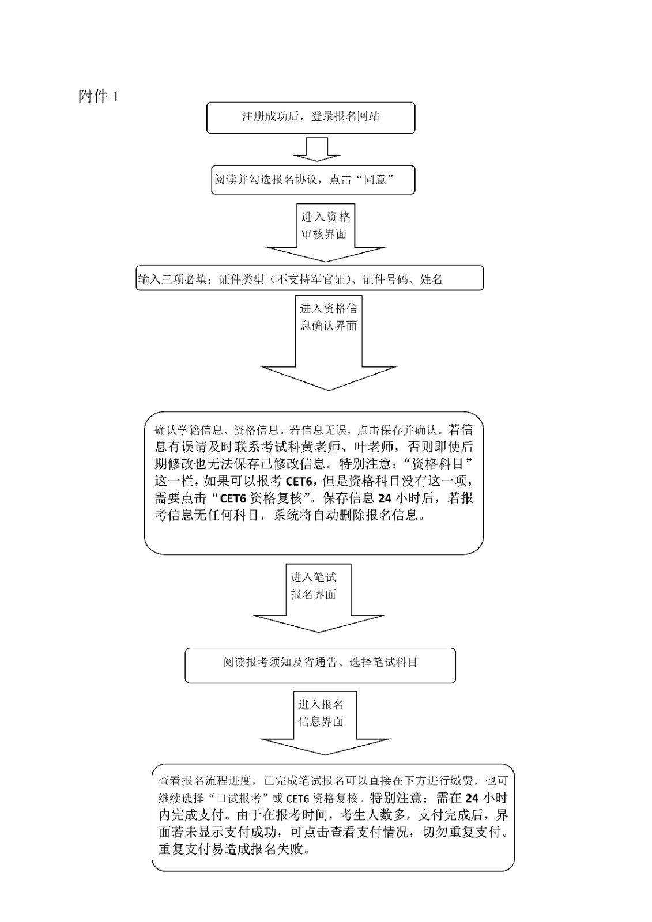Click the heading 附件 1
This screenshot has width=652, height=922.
tap(99, 97)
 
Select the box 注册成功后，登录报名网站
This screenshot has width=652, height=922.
tap(311, 117)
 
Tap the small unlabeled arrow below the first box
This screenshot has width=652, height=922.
tap(316, 149)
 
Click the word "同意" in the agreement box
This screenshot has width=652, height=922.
tap(376, 180)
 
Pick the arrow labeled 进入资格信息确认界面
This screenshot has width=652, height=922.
tap(329, 340)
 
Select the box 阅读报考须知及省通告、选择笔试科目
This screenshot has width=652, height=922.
tap(320, 663)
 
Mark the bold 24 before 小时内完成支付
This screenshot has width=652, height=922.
tap(472, 798)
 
